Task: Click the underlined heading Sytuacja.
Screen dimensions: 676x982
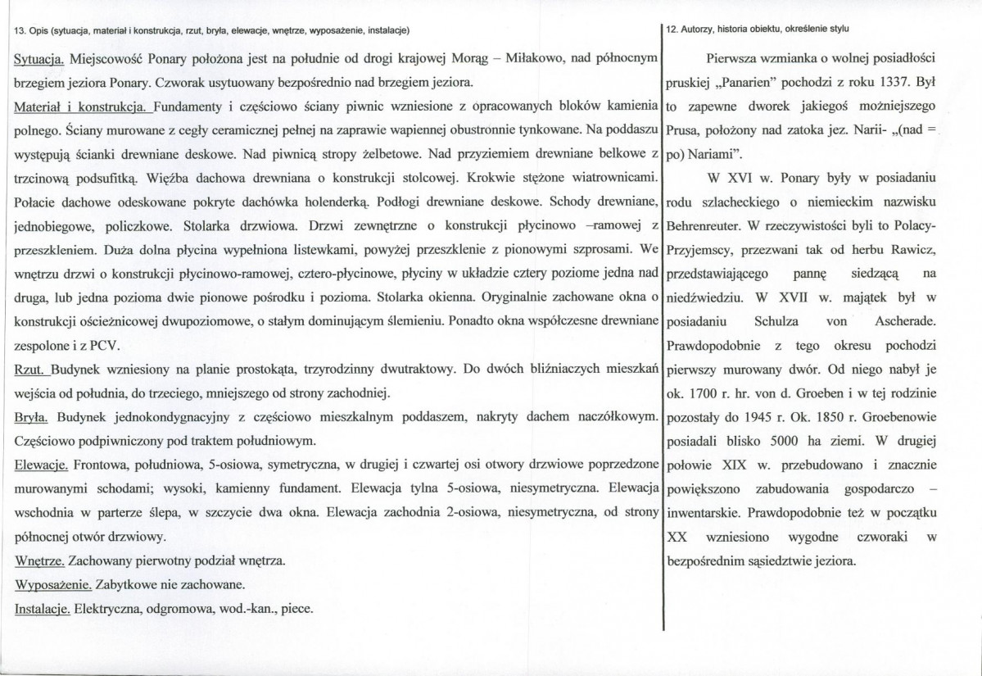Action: tap(40, 61)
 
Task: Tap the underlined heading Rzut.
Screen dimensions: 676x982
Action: tap(34, 369)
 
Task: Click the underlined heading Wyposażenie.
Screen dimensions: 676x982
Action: tap(53, 586)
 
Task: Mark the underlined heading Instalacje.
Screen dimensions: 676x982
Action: tap(43, 610)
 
